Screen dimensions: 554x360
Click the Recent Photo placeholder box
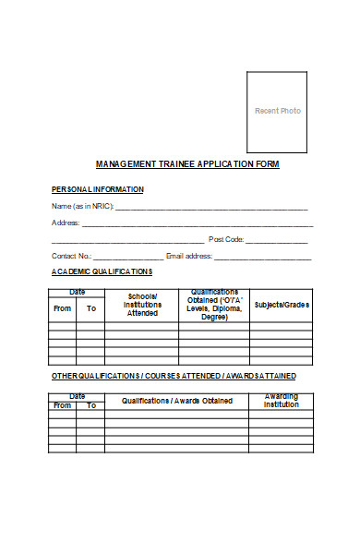tap(277, 111)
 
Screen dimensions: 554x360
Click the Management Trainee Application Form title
tap(187, 164)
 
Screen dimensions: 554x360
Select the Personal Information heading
tap(98, 189)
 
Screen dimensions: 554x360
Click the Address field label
tap(66, 223)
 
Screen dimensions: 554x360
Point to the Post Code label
tap(226, 239)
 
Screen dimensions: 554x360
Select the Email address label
tap(189, 256)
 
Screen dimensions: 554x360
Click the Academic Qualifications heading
tap(102, 272)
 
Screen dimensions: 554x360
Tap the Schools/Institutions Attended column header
tap(142, 306)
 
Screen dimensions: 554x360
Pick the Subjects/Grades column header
tap(282, 305)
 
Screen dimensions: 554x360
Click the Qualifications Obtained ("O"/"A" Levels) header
tap(214, 305)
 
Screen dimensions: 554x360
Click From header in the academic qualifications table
tap(63, 308)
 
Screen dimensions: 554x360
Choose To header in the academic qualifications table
tap(90, 308)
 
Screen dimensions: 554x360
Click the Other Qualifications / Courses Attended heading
tap(174, 377)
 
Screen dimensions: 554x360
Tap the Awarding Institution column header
tap(282, 401)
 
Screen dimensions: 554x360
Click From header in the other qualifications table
tap(63, 405)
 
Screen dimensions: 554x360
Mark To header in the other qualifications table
tap(90, 405)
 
